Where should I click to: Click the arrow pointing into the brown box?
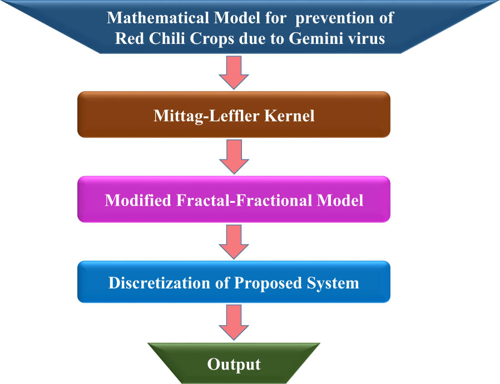point(234,73)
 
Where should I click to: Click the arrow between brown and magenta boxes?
point(234,156)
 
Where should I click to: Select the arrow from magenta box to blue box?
point(234,241)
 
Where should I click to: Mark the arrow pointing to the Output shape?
point(234,323)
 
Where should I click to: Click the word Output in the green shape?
point(234,365)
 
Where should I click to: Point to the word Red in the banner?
point(127,39)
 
